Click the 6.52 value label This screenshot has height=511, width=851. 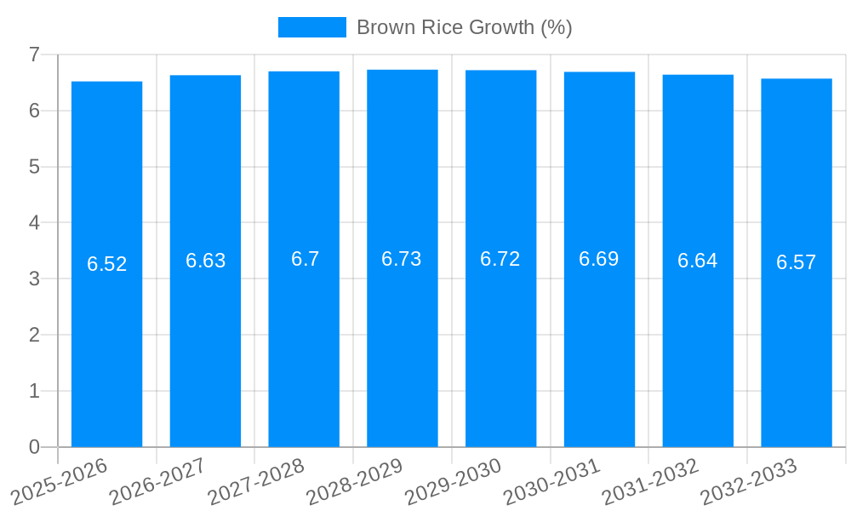pyautogui.click(x=107, y=264)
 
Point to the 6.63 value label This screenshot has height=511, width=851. pyautogui.click(x=206, y=261)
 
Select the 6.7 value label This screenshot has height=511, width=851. pyautogui.click(x=305, y=259)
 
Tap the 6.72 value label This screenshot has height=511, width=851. pyautogui.click(x=500, y=259)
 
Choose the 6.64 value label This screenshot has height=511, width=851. pyautogui.click(x=698, y=261)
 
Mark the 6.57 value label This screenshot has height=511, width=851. pyautogui.click(x=797, y=262)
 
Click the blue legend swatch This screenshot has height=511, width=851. pyautogui.click(x=311, y=27)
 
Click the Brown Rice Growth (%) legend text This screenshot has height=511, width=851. pyautogui.click(x=464, y=27)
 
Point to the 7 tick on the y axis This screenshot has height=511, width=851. pyautogui.click(x=34, y=55)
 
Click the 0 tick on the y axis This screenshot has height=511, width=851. pyautogui.click(x=34, y=447)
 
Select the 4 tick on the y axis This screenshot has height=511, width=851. pyautogui.click(x=34, y=223)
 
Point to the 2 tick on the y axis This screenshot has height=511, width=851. pyautogui.click(x=34, y=335)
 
